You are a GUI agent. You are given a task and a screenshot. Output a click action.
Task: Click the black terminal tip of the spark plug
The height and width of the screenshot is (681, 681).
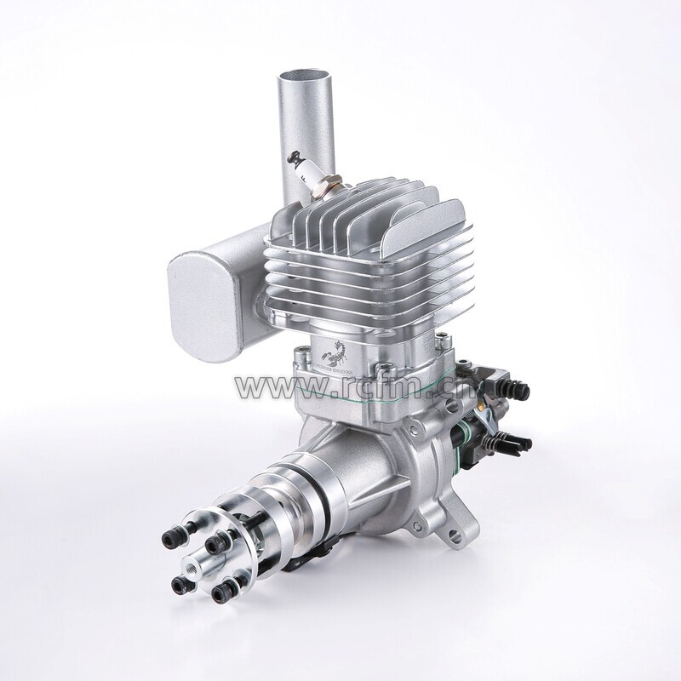pos(295,157)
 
